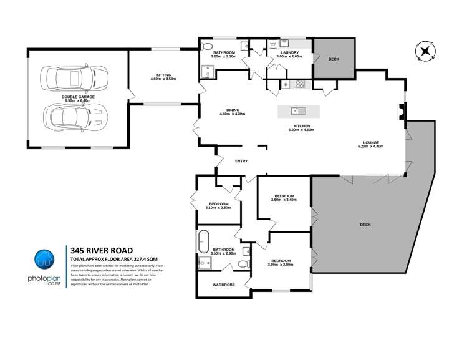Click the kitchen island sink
(299, 111)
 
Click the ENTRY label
(241, 161)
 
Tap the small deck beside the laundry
(333, 59)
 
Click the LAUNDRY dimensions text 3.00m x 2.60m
(289, 56)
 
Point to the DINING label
(232, 110)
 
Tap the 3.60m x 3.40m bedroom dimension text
(284, 200)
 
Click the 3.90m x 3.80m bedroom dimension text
(279, 265)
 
